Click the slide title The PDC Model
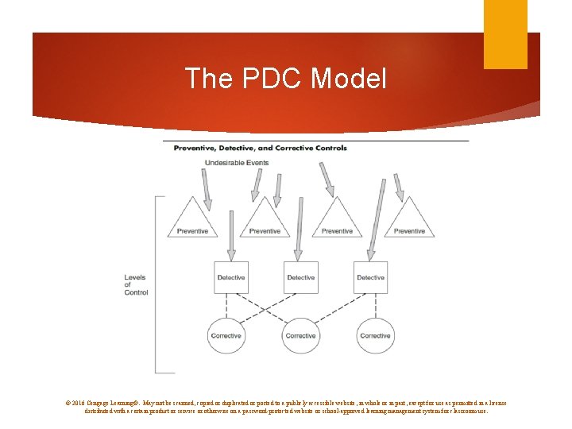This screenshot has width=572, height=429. coord(285,79)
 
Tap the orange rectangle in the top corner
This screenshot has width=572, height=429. coord(505,34)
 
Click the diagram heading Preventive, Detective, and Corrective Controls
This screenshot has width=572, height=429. coord(260,148)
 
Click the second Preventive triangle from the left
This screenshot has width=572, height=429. coord(264,221)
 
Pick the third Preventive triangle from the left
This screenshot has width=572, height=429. coord(337,221)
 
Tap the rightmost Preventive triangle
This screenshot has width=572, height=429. coord(409,221)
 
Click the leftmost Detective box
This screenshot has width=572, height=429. coord(231,277)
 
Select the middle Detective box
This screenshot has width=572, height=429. coord(300,277)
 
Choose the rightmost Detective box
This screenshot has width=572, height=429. coord(370,277)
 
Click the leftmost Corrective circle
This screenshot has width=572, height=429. coord(226,335)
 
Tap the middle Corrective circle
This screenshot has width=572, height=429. coord(300,335)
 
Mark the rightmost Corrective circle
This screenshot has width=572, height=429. coord(375,335)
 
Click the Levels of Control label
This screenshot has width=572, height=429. coord(136,285)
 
